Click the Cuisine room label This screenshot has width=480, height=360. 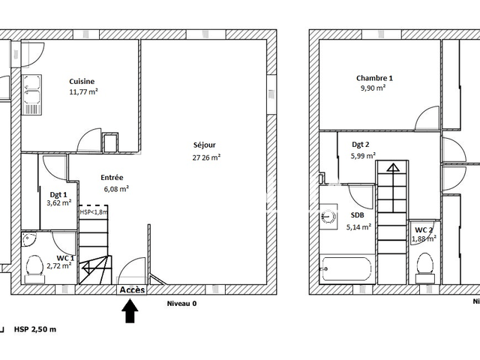pyautogui.click(x=82, y=81)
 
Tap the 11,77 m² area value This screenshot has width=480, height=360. pyautogui.click(x=84, y=92)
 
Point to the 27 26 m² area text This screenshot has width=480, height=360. pyautogui.click(x=206, y=157)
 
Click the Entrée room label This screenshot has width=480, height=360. pyautogui.click(x=112, y=178)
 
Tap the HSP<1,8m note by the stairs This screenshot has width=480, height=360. pyautogui.click(x=94, y=212)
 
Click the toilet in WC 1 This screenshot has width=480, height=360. pyautogui.click(x=34, y=265)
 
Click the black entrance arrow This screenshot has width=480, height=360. pyautogui.click(x=130, y=310)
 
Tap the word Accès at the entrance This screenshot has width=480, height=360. pyautogui.click(x=132, y=289)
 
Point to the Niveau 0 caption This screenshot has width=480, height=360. pyautogui.click(x=181, y=304)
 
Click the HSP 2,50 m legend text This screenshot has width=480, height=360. pyautogui.click(x=35, y=329)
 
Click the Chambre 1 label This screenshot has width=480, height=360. pyautogui.click(x=374, y=78)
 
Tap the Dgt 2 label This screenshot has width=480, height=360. pyautogui.click(x=361, y=145)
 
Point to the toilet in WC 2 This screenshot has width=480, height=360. pyautogui.click(x=425, y=264)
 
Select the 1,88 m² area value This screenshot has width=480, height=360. pyautogui.click(x=424, y=238)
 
